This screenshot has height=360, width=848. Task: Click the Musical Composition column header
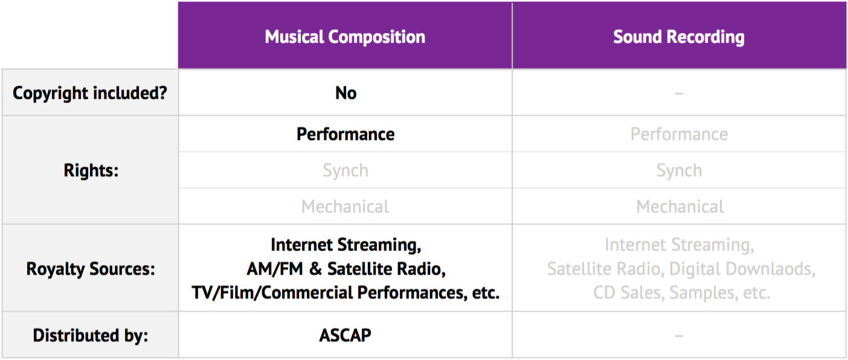point(345,37)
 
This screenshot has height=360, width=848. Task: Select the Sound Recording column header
point(679,37)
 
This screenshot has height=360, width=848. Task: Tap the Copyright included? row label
point(90,93)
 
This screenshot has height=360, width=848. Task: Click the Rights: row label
point(91,170)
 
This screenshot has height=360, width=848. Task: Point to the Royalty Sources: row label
point(91,269)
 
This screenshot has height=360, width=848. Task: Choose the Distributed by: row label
point(91,335)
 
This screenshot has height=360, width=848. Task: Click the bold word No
point(345,93)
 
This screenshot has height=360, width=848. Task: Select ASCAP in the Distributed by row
point(345,335)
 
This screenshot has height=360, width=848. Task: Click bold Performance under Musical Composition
point(345,134)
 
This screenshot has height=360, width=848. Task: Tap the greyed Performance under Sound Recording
point(679,134)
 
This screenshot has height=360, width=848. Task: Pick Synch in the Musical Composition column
point(345,171)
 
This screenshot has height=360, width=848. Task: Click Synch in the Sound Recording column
point(679,171)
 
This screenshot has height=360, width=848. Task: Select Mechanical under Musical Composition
point(345,207)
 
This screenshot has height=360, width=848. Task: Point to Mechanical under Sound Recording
point(680,207)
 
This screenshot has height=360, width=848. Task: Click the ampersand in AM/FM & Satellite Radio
point(315,269)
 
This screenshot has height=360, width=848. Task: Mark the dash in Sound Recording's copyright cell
point(679,94)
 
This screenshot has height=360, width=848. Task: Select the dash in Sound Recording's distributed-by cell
point(679,336)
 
